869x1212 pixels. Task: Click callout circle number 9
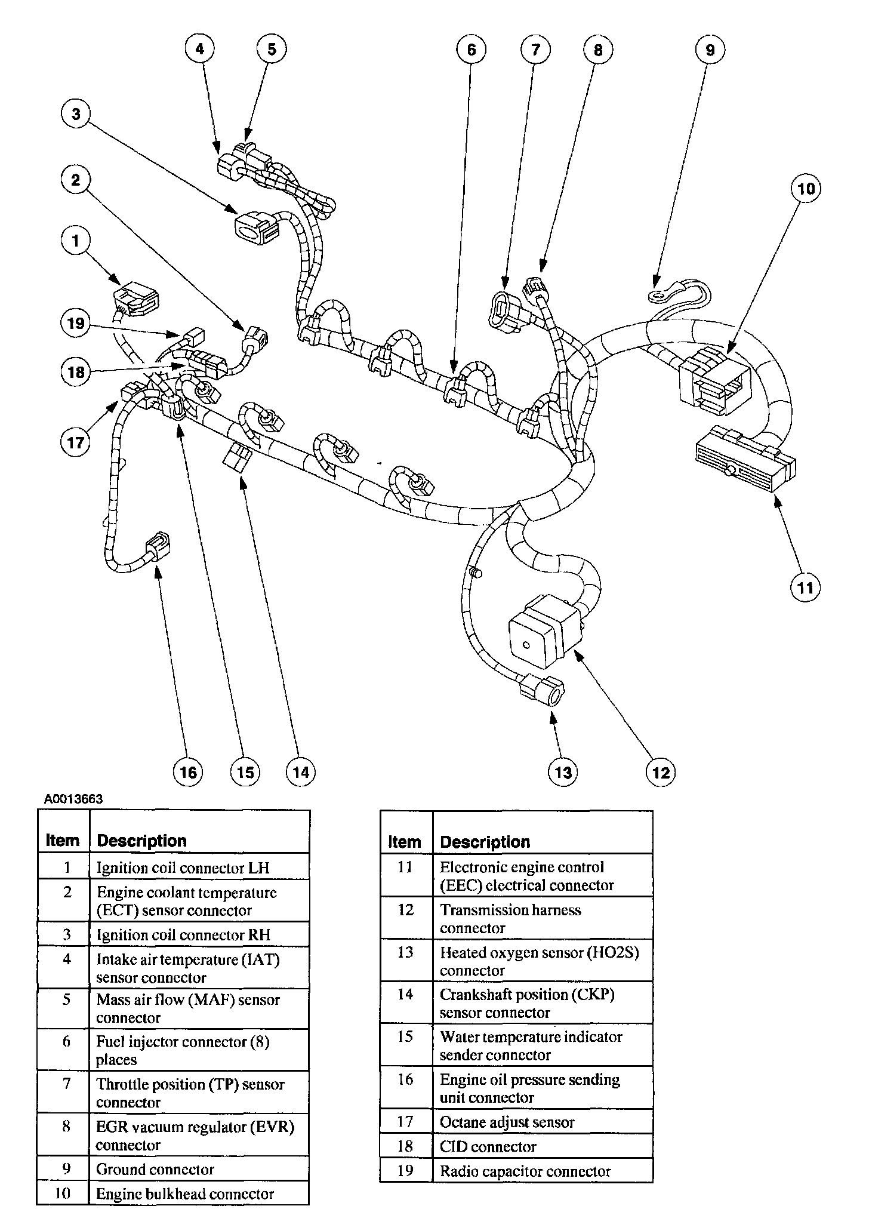[x=710, y=50]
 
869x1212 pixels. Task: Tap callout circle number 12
[x=661, y=772]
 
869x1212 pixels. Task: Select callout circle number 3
[x=76, y=114]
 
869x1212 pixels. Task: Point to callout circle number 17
[x=76, y=442]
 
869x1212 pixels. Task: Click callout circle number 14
[x=300, y=772]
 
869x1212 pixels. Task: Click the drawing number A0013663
[x=73, y=799]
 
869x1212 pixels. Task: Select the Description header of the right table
[x=485, y=842]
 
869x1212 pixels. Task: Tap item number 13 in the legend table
[x=405, y=952]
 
